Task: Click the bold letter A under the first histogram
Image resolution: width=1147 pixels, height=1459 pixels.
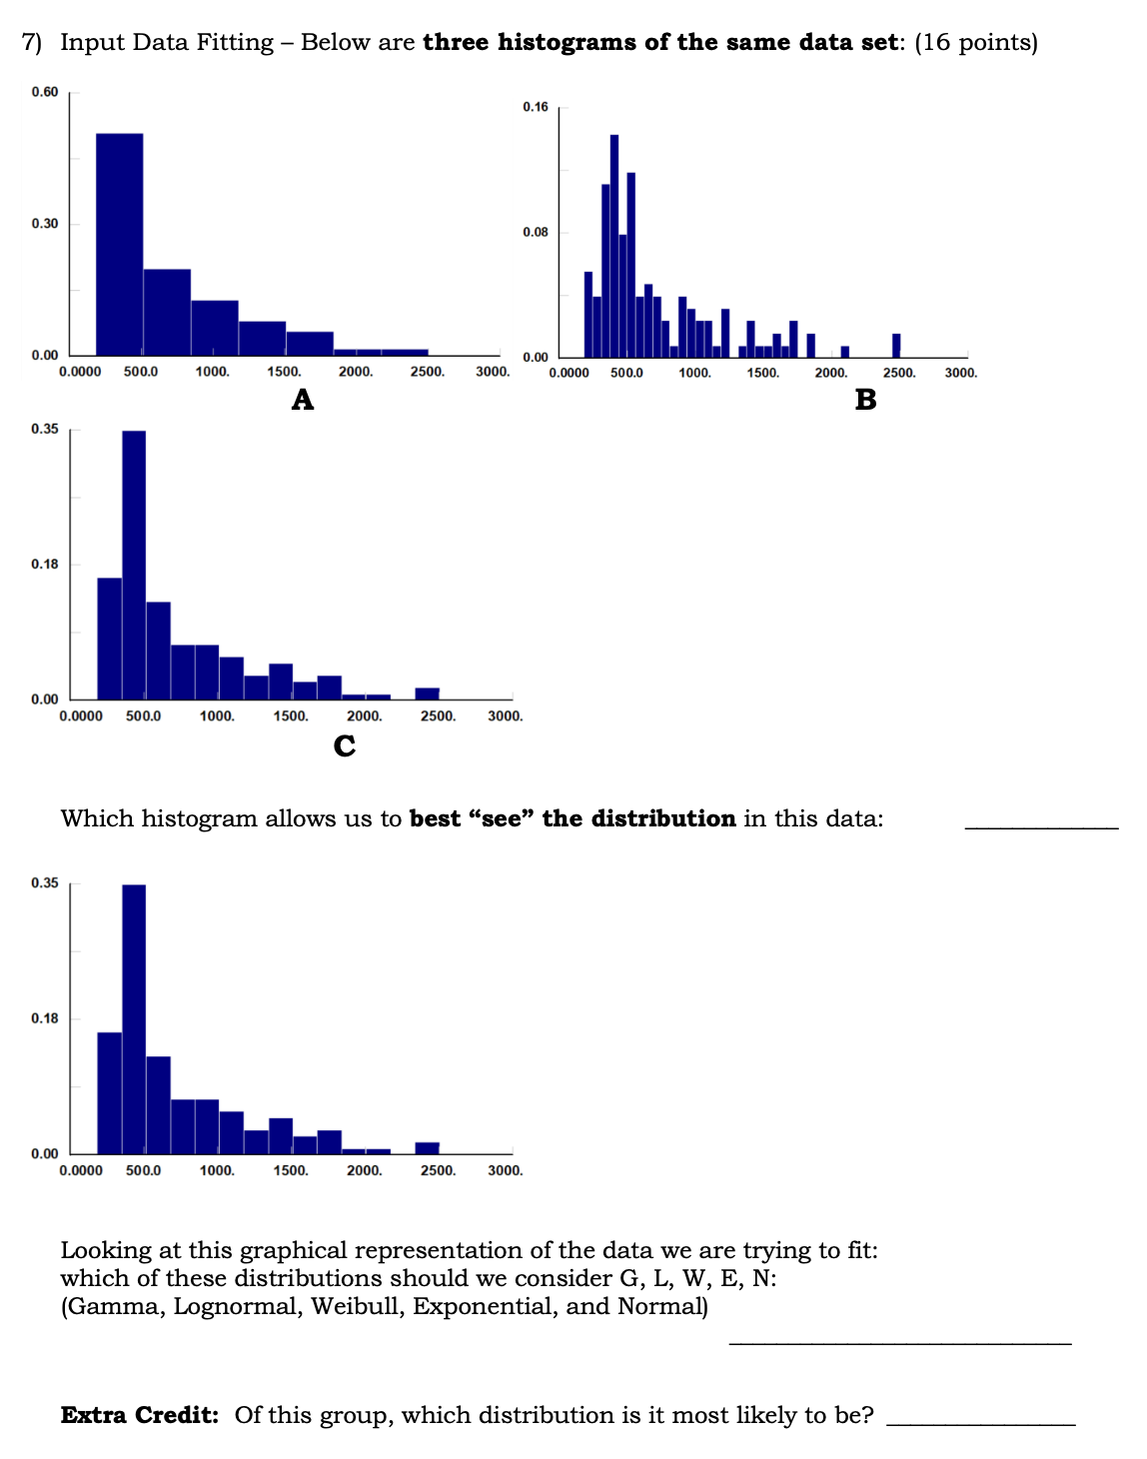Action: tap(303, 400)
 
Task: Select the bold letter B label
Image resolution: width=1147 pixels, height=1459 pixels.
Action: tap(865, 400)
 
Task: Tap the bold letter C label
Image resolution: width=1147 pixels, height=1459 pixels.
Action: tap(345, 745)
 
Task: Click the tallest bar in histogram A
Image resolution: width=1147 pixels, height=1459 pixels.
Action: tap(119, 244)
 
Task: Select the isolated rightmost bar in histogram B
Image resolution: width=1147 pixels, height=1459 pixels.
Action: tap(896, 345)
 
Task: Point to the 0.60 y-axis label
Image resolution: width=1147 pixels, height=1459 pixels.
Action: tap(45, 92)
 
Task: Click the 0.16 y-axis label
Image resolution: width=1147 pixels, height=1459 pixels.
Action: tap(536, 107)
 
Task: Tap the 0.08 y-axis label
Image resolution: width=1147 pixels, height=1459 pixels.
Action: tap(536, 233)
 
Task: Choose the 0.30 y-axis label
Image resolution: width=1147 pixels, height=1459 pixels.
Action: tap(45, 224)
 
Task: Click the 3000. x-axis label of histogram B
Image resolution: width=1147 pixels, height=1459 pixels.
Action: tap(961, 373)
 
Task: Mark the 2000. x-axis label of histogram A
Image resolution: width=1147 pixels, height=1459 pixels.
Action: tap(356, 372)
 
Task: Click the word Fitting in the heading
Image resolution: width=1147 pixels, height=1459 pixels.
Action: tap(237, 42)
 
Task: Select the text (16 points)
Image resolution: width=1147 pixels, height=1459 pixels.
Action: tap(976, 42)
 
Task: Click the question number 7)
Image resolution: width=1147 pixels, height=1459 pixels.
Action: tap(33, 42)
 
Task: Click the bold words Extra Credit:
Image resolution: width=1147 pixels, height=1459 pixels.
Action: tap(140, 1415)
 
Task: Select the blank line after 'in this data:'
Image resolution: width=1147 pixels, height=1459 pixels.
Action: tap(1041, 826)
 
